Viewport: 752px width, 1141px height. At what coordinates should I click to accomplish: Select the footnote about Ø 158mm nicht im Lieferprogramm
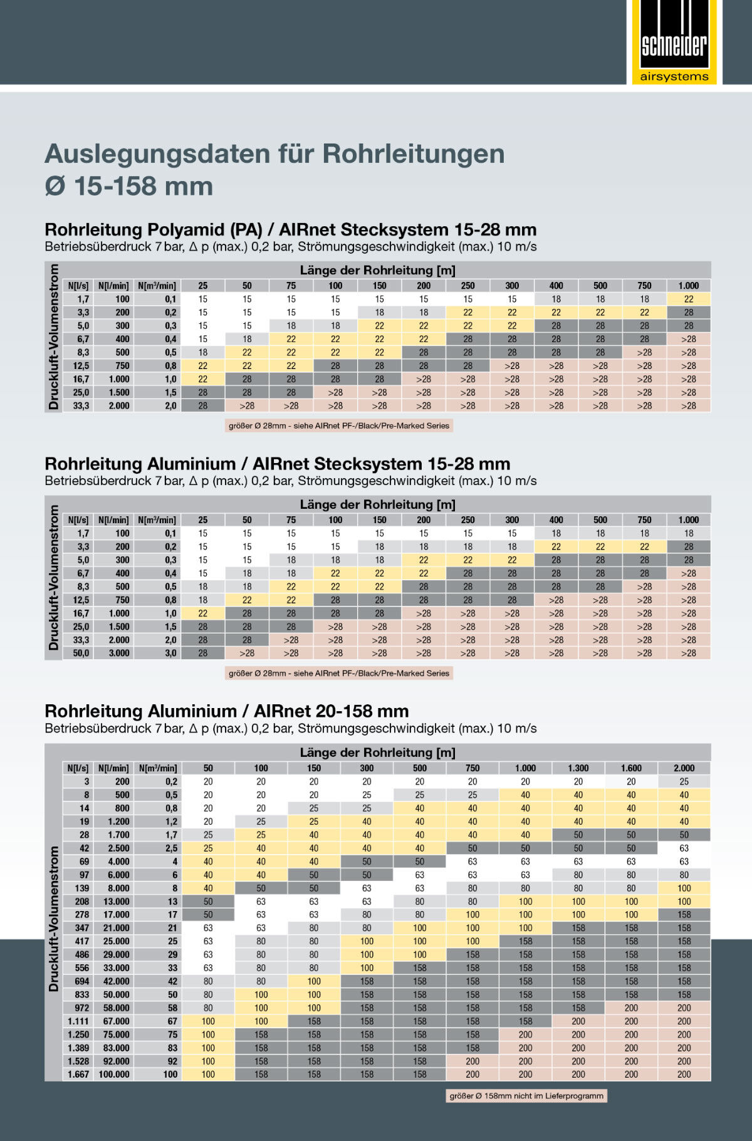pos(526,1096)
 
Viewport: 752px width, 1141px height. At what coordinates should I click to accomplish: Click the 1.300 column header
pos(578,768)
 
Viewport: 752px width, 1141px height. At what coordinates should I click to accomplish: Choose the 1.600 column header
pos(631,768)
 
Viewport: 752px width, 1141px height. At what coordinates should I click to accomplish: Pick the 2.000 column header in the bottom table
pos(684,768)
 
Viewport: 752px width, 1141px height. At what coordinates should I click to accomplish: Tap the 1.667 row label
pos(78,1074)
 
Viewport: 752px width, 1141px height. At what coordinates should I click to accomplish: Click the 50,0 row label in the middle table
pos(81,653)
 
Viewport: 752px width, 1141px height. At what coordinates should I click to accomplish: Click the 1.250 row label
pos(78,1034)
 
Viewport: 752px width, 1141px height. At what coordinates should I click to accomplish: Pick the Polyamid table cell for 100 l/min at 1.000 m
pos(688,300)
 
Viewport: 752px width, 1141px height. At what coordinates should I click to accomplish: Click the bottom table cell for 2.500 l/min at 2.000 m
pos(684,848)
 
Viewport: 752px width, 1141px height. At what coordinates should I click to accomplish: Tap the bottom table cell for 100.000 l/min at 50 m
pos(208,1074)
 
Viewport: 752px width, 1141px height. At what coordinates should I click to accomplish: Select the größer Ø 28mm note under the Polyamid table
pos(339,426)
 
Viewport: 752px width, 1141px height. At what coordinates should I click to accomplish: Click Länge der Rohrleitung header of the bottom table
pos(377,753)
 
